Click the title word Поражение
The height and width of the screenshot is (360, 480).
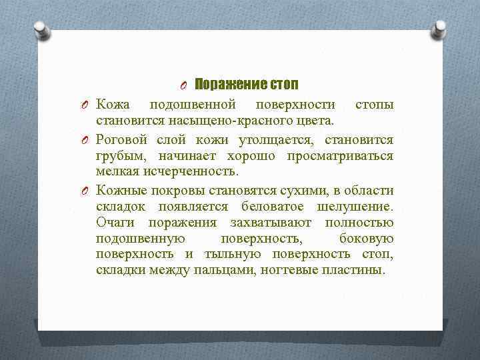click(x=231, y=85)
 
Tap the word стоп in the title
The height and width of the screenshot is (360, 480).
click(x=284, y=85)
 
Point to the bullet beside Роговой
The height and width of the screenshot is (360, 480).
click(x=86, y=140)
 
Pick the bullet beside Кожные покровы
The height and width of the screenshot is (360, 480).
click(x=86, y=190)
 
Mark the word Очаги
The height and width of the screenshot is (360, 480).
click(x=116, y=222)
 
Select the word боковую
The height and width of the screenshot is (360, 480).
click(x=366, y=239)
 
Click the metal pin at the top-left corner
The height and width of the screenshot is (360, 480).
click(x=41, y=30)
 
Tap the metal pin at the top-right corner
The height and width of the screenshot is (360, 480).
click(x=440, y=28)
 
